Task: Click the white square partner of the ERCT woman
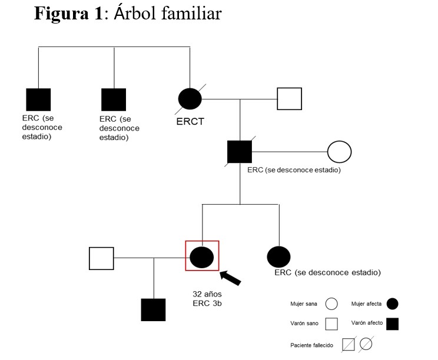(290, 99)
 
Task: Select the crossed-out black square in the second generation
(240, 152)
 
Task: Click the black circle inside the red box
(202, 256)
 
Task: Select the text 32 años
(207, 294)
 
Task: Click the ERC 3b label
(207, 304)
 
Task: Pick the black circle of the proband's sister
(278, 256)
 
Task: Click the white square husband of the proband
(101, 258)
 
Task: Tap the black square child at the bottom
(153, 309)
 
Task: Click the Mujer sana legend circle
(331, 304)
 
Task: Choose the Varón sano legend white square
(331, 323)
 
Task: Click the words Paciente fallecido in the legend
(311, 345)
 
